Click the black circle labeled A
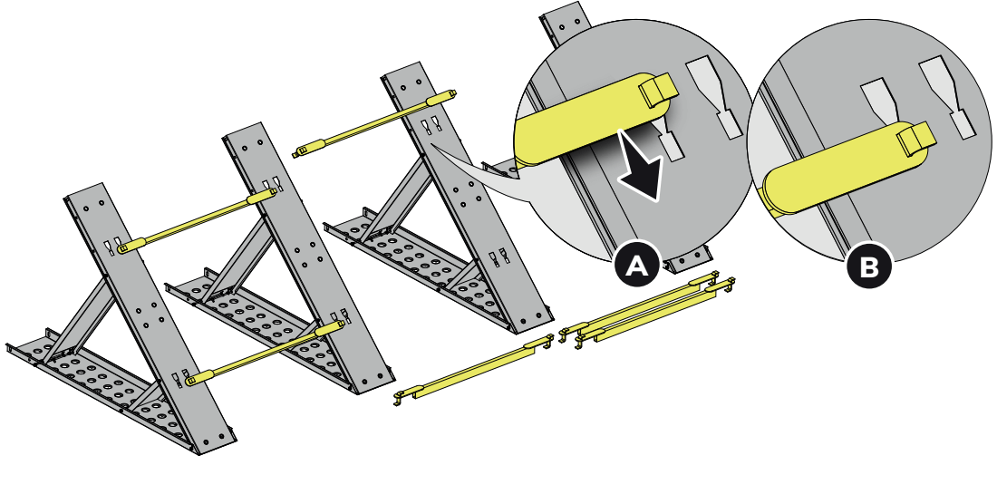(637, 266)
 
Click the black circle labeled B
(869, 267)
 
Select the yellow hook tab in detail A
(659, 89)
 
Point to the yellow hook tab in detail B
(916, 140)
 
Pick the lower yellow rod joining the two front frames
(265, 353)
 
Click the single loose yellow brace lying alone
(474, 370)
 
